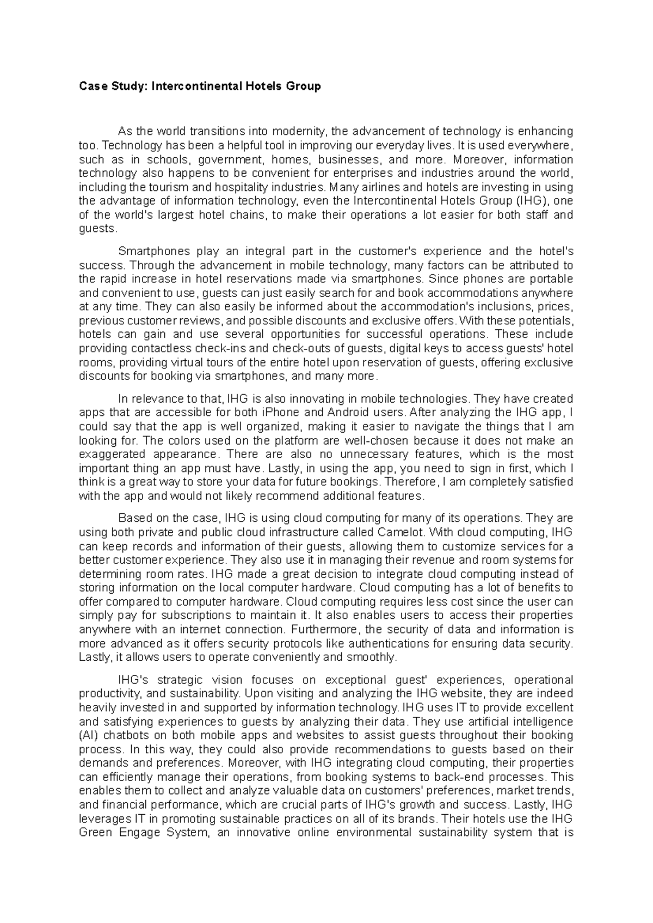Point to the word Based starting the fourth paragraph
(133, 518)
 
